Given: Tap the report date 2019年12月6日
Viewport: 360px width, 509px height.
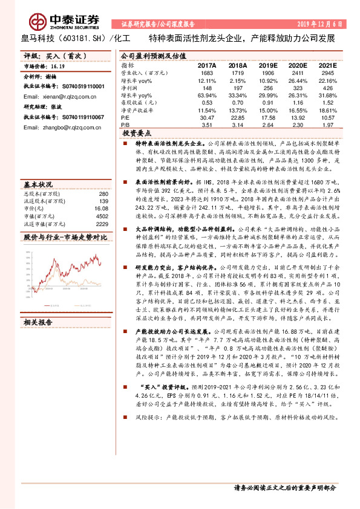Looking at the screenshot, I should [x=321, y=24].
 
